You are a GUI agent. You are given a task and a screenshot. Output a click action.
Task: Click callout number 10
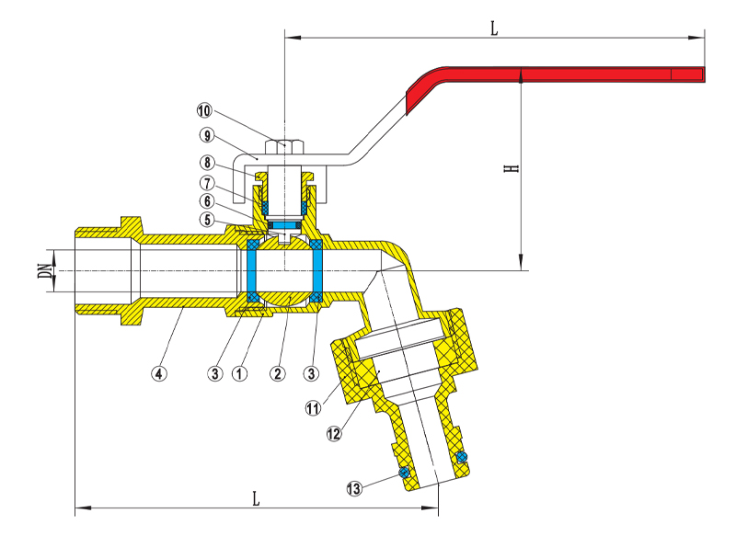coord(204,110)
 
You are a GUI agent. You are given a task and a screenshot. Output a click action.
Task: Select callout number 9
coord(206,135)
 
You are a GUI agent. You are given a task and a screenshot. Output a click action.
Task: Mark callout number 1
coord(240,374)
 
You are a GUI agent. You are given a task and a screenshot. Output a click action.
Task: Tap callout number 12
coord(333,432)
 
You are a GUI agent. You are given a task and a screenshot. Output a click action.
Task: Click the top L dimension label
coord(494,29)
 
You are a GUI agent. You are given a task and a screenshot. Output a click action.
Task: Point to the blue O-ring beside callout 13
coord(402,473)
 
